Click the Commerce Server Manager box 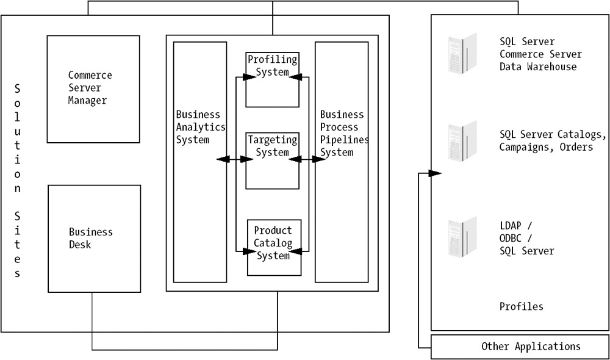[93, 89]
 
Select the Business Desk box [95, 239]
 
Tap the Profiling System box [273, 79]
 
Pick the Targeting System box [273, 160]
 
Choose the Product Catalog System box [274, 247]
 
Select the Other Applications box [520, 347]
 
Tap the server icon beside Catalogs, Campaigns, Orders [462, 141]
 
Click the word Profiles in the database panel [521, 306]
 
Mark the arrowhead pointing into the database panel [434, 173]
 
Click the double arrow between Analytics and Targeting [235, 160]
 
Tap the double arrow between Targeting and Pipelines [307, 160]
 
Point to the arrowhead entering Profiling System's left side [248, 77]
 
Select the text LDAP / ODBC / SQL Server [526, 238]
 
